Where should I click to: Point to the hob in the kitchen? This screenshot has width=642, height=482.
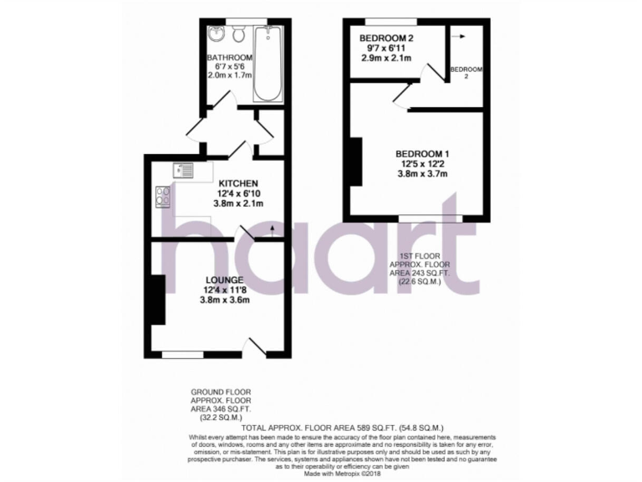click(x=163, y=197)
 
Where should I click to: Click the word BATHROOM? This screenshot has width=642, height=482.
click(x=231, y=57)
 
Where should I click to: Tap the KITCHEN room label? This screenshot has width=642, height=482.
click(x=238, y=183)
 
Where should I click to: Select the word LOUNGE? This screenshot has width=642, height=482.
click(x=225, y=279)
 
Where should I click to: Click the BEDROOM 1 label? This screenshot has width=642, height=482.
click(x=422, y=154)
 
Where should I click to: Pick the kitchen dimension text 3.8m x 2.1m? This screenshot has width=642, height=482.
click(x=238, y=203)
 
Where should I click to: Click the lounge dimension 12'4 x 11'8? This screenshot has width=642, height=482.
click(x=225, y=290)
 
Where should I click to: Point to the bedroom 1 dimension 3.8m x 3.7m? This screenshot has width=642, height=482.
click(x=422, y=174)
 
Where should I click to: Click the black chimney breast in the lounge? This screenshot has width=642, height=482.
click(x=156, y=299)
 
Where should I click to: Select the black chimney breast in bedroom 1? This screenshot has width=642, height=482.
click(x=354, y=161)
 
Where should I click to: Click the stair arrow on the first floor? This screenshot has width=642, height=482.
click(x=457, y=36)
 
